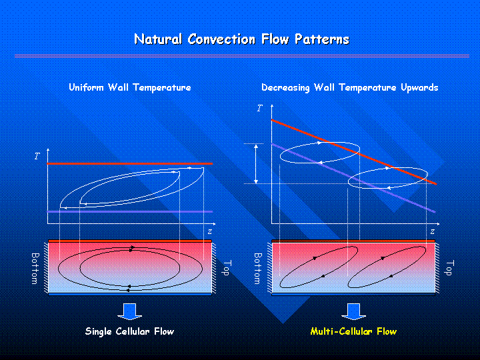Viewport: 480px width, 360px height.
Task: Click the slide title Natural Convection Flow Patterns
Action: tap(242, 39)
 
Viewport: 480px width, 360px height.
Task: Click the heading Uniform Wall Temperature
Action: tap(130, 87)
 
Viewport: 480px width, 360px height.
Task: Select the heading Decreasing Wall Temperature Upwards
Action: tap(349, 87)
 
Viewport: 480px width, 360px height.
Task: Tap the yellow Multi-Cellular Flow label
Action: tap(353, 331)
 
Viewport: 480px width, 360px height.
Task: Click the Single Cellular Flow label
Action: tap(129, 331)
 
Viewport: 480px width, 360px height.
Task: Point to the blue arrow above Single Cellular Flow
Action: tap(130, 311)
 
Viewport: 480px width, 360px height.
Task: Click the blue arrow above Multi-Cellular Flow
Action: tap(353, 311)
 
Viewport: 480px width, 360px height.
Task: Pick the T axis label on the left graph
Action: tap(37, 156)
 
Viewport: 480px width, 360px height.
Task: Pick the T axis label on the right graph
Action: tap(260, 108)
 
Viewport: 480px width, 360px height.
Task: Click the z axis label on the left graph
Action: tap(210, 232)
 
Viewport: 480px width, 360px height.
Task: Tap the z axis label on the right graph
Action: tap(432, 232)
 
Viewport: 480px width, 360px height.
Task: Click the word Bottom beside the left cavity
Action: tap(35, 269)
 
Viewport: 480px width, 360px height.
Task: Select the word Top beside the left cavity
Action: tap(228, 268)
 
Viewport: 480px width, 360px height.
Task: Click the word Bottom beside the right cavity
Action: tap(258, 269)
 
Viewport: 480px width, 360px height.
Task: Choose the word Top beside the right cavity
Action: tap(450, 268)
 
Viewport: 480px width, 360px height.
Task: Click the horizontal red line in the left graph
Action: tap(129, 164)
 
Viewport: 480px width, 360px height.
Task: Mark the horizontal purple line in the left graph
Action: tap(129, 211)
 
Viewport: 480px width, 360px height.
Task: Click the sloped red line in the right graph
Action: tap(354, 152)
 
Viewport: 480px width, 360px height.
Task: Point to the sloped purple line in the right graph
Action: tap(353, 177)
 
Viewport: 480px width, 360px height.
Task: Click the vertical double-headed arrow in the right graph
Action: tap(256, 164)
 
